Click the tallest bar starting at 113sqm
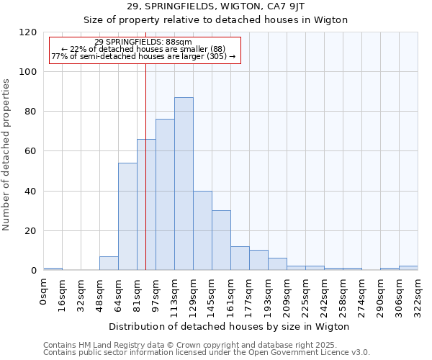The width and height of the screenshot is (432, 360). (x=184, y=184)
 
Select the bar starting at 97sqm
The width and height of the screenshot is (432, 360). (x=165, y=194)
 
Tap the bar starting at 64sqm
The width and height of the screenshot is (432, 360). (x=127, y=216)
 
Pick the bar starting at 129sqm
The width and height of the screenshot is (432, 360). (x=202, y=230)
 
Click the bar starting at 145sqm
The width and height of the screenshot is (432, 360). (x=221, y=240)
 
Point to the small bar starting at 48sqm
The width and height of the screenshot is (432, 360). (x=109, y=264)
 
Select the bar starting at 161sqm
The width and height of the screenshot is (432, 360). (x=240, y=258)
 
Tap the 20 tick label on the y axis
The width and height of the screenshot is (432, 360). (x=31, y=231)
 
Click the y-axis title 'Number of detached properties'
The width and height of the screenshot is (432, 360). (x=6, y=155)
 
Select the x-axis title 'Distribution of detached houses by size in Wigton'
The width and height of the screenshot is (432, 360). (x=230, y=326)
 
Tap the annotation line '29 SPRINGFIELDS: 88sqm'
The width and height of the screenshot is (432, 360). (x=143, y=42)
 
